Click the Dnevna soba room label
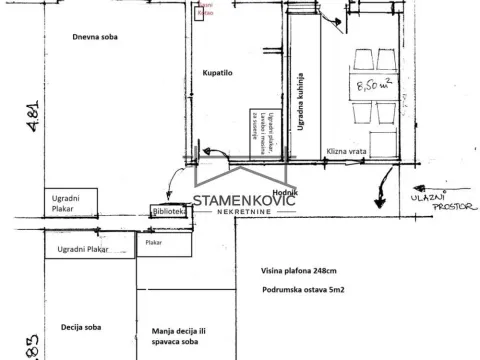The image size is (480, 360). (x=93, y=37)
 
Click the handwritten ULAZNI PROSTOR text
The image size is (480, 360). (x=450, y=204)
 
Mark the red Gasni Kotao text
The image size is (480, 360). (x=206, y=9)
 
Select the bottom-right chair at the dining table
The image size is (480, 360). (x=380, y=138)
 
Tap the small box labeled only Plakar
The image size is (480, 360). (x=154, y=242)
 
